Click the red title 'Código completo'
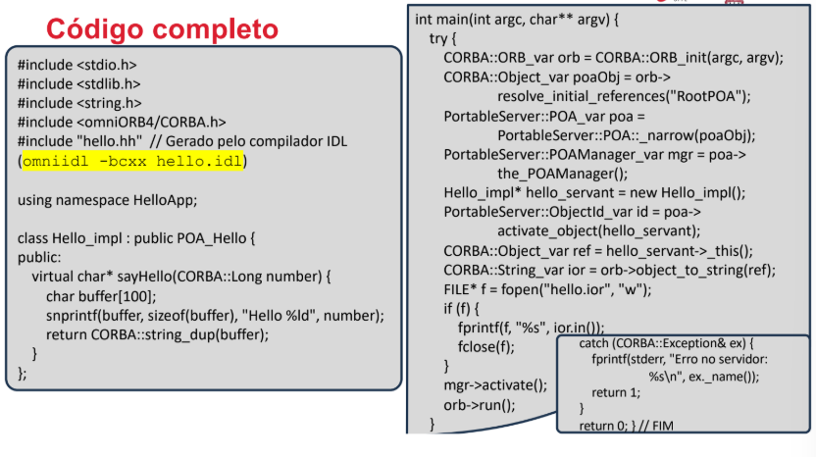coord(163,29)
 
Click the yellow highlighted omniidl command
coord(132,161)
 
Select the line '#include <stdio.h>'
coord(77,65)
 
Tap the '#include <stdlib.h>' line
coord(79,84)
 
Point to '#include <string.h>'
coord(79,103)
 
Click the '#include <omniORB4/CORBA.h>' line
coord(122,123)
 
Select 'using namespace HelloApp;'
coord(107,200)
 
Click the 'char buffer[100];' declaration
coord(101,297)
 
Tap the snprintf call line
coord(215,316)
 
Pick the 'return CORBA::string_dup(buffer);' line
coord(157,334)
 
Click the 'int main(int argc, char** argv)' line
coord(517,20)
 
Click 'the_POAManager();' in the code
coord(563,174)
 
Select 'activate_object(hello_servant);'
coord(599,231)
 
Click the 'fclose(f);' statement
coord(486,346)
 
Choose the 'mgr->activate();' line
coord(495,385)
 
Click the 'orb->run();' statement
coord(480,405)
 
